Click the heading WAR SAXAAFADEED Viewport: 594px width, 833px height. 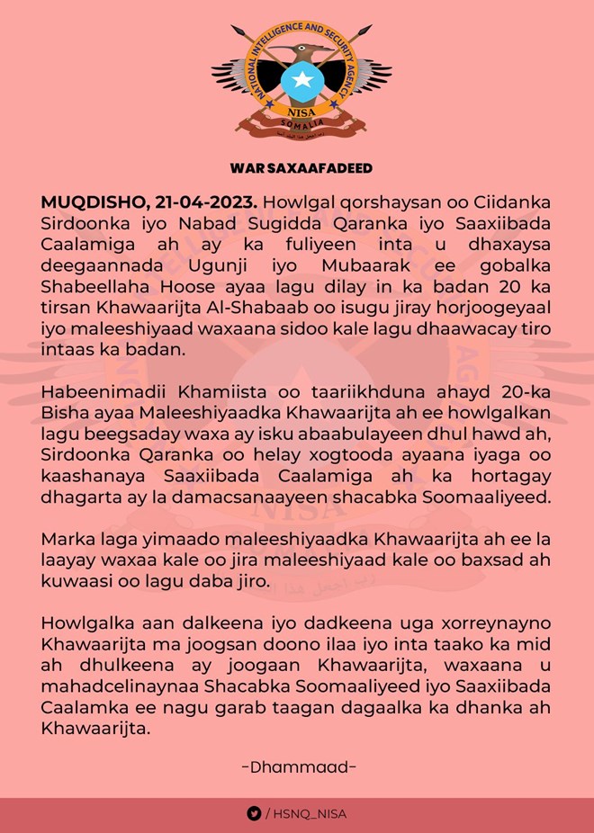(x=301, y=168)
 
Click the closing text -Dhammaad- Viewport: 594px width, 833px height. (x=300, y=766)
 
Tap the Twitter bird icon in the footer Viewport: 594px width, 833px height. (x=254, y=813)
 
